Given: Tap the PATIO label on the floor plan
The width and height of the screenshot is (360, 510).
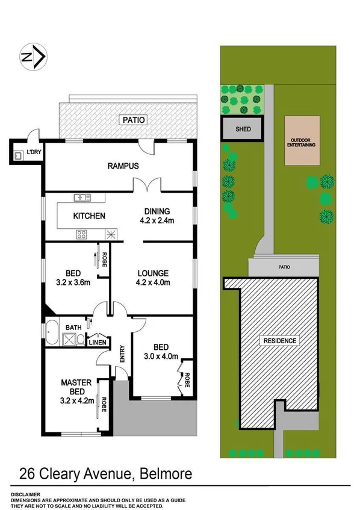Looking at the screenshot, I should (x=134, y=120).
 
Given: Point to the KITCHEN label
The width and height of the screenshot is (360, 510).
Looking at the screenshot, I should (x=89, y=216).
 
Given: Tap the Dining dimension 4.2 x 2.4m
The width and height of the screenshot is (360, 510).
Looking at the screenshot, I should (x=157, y=220).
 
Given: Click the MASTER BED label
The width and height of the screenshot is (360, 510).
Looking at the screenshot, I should (x=75, y=387).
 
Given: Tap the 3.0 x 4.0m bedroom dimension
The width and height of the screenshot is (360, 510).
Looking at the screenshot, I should (x=161, y=356).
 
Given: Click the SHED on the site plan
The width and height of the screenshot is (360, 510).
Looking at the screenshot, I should (x=243, y=129).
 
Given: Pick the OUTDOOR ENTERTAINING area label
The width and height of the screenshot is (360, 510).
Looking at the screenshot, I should (x=303, y=142).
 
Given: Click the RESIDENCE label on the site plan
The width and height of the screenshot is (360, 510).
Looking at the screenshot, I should (x=279, y=341).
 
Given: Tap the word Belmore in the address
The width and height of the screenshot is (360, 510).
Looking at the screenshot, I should (x=165, y=473).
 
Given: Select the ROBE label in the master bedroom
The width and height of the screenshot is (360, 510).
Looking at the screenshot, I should (x=104, y=401).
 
